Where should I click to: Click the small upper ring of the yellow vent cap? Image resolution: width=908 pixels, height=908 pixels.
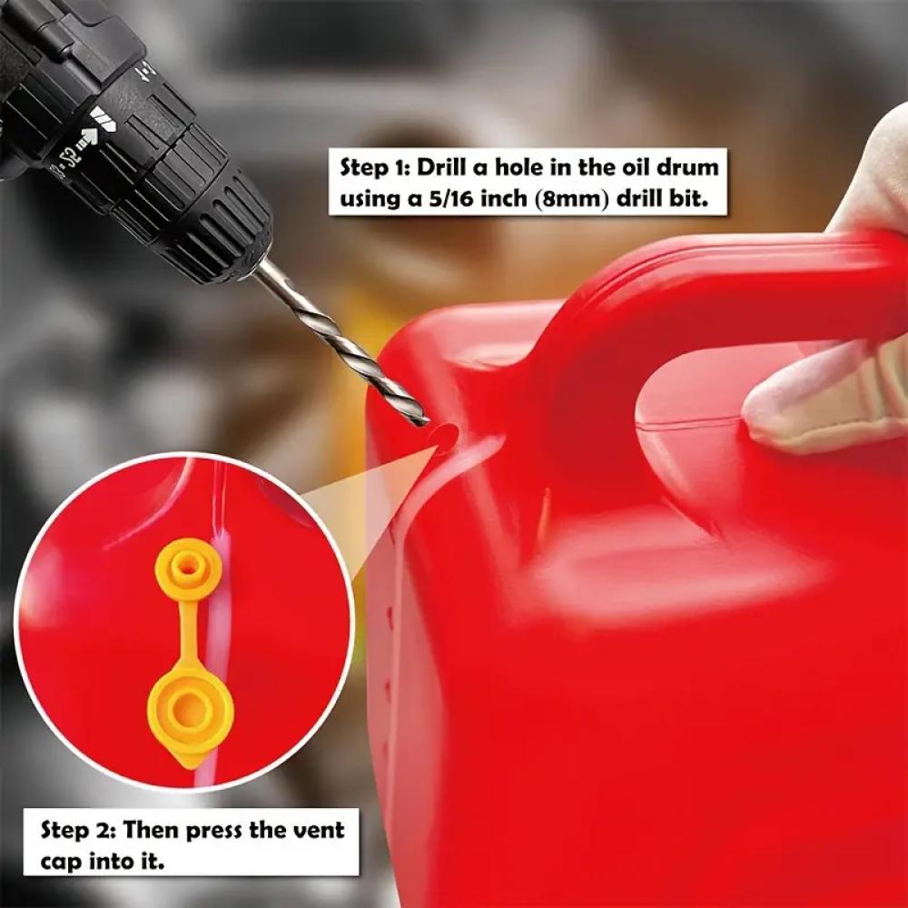pyautogui.click(x=188, y=563)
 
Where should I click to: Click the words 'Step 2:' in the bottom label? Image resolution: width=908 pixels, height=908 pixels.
pyautogui.click(x=81, y=831)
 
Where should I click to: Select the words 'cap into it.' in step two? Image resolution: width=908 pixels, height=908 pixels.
pyautogui.click(x=103, y=863)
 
